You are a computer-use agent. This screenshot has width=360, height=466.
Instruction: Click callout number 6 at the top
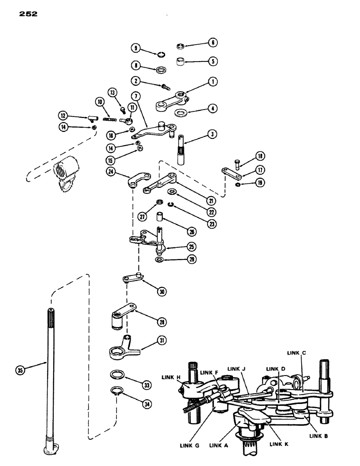[x=213, y=42]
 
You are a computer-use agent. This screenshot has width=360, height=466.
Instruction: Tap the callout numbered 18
[x=260, y=156]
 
